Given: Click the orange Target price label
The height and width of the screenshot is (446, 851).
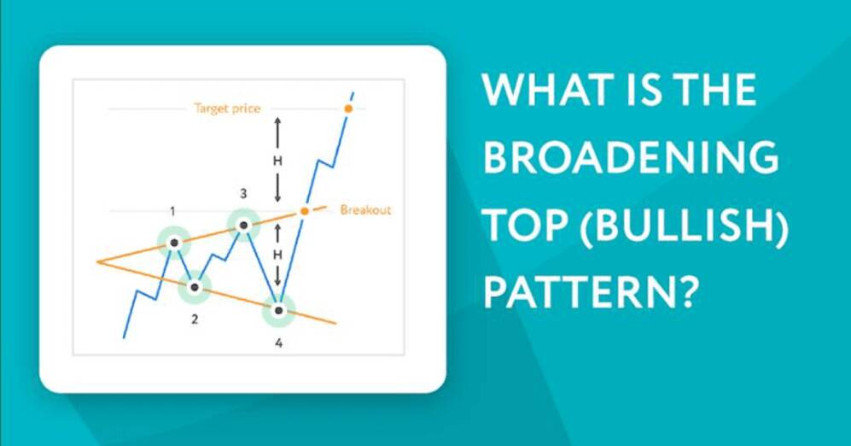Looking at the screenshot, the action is [x=227, y=109].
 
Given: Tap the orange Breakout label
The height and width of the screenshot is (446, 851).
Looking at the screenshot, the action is [x=365, y=209].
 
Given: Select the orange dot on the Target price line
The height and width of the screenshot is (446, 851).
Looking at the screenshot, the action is [x=348, y=109].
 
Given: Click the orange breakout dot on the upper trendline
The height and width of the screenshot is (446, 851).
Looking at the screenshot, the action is [x=305, y=211].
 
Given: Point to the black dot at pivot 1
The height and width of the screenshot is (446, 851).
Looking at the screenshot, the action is [x=173, y=243].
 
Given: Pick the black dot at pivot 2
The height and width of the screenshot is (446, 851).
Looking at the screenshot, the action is [x=195, y=287].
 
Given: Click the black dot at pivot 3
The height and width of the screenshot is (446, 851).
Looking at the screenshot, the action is [x=243, y=225].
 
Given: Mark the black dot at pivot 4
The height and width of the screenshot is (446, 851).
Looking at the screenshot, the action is [x=278, y=310].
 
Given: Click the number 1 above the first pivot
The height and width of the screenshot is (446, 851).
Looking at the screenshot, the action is [x=172, y=211].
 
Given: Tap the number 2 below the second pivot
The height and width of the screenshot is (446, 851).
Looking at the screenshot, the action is [x=195, y=320].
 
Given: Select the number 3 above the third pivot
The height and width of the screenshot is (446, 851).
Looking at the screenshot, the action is [x=243, y=193].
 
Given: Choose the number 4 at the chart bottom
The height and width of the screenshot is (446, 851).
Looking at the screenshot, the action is [x=278, y=343].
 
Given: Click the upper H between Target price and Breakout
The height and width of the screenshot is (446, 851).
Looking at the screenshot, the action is [x=277, y=161].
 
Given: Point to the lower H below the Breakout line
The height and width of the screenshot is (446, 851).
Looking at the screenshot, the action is [x=277, y=255].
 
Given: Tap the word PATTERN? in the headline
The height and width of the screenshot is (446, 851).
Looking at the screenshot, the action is [x=588, y=292].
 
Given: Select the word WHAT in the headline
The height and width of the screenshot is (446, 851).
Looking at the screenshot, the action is [x=548, y=90].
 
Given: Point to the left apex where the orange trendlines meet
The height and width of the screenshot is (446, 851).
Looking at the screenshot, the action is [x=97, y=261].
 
